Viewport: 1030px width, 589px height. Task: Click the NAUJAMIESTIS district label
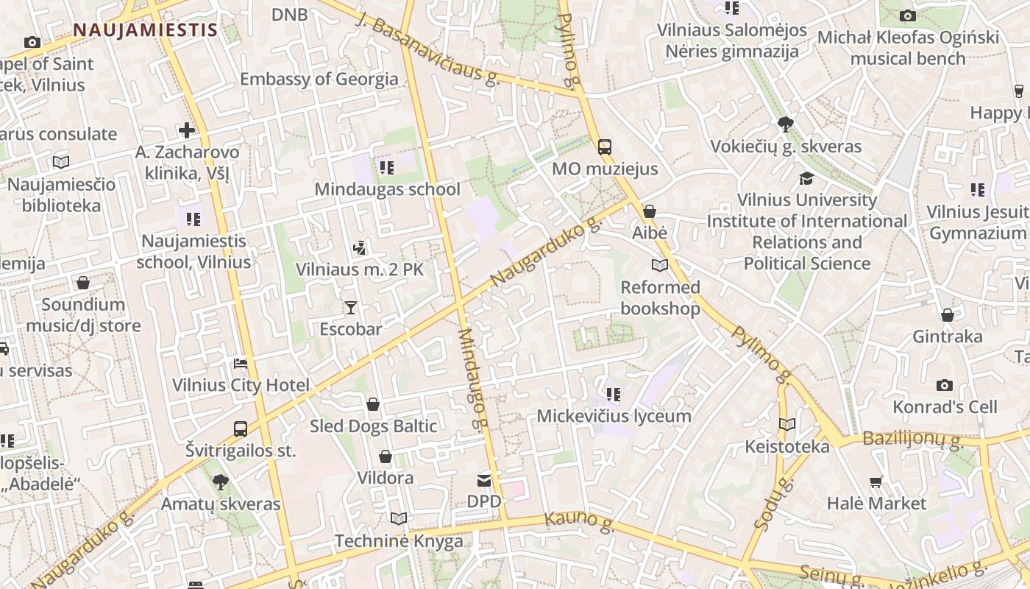[145, 30]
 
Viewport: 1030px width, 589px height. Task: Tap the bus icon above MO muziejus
[605, 147]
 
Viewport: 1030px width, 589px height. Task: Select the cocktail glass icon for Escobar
[351, 307]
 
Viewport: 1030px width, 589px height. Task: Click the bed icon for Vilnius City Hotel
[241, 364]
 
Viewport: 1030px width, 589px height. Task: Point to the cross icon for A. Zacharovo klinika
[187, 130]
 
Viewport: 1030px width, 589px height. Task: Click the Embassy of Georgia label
[319, 79]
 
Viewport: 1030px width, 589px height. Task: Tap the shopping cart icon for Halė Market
[876, 482]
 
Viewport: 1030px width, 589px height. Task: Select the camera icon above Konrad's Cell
[945, 385]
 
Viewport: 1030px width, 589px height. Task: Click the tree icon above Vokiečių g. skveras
[786, 124]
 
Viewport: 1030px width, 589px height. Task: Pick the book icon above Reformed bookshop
[660, 265]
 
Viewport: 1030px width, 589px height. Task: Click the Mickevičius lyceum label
[614, 416]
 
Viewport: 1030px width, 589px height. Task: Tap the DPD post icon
[484, 481]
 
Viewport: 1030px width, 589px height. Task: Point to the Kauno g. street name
[580, 521]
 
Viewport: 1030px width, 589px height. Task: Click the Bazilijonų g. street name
[913, 440]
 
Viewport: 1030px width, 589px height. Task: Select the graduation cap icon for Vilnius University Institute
[807, 178]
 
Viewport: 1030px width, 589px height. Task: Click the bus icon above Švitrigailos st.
[241, 428]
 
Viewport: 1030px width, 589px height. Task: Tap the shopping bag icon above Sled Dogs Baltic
[373, 404]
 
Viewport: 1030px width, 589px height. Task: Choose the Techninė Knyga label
[399, 541]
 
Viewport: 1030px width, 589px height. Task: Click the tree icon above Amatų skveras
[220, 482]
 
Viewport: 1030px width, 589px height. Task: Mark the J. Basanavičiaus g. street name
[427, 48]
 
